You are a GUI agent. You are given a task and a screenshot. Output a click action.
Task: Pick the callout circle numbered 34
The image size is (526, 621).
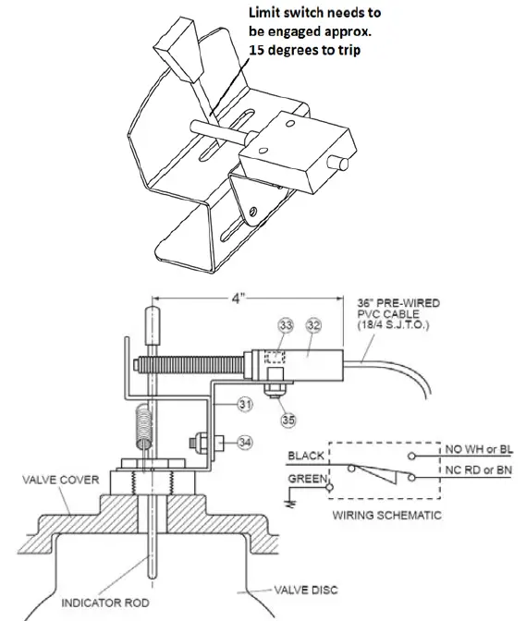click(245, 442)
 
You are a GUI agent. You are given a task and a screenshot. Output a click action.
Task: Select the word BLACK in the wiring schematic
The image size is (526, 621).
click(306, 457)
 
